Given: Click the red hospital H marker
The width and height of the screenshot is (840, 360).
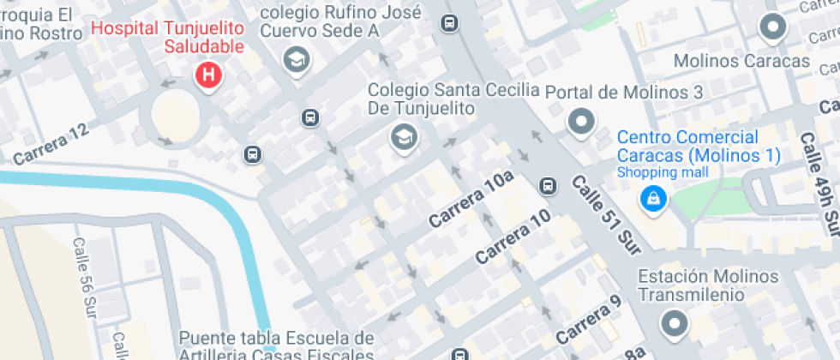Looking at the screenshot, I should tap(207, 75).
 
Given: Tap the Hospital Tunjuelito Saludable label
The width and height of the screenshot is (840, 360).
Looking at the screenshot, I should tap(167, 36).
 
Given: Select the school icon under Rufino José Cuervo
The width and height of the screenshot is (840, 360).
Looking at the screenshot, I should tap(297, 59).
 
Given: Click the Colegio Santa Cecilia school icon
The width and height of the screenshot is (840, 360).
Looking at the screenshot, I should tap(402, 136).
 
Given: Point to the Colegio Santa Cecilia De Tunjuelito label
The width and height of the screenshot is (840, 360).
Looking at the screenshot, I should tap(453, 99).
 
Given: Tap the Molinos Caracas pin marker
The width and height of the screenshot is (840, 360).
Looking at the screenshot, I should tap(773, 27).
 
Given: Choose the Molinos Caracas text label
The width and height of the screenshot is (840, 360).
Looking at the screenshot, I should tap(741, 62).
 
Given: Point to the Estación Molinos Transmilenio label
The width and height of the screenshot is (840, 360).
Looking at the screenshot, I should tap(708, 285).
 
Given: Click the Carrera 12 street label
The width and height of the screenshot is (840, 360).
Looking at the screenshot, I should tap(51, 144).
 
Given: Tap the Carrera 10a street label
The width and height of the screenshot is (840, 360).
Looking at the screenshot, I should tap(471, 200).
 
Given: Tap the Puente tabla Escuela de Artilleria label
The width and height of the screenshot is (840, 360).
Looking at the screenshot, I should tap(277, 345).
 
